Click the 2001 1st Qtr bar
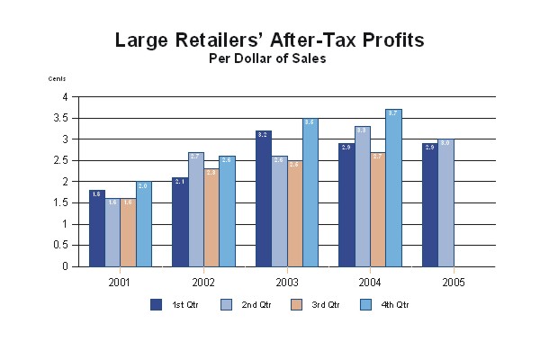coord(96,229)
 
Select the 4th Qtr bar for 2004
coord(393,188)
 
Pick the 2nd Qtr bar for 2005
coord(445,202)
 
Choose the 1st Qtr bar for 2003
coord(263,199)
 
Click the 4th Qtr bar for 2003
coord(310,193)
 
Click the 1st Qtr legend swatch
coord(156,304)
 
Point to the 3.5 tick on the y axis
coord(62,118)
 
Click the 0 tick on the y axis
coord(65,266)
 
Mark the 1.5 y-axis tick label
coord(62,202)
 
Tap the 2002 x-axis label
coord(203,282)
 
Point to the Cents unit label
coord(57,79)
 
